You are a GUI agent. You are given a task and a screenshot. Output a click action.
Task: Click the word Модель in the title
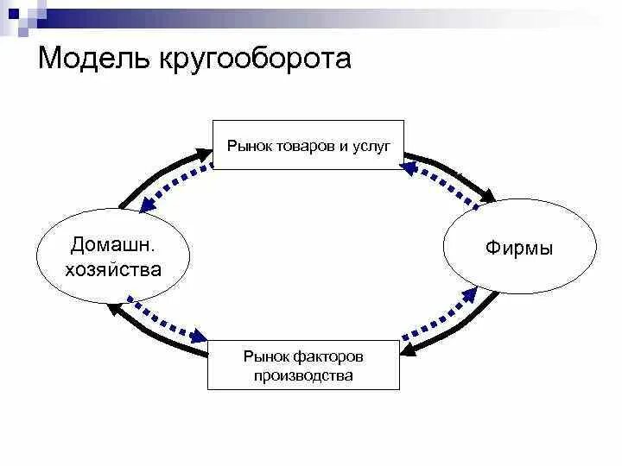[93, 59]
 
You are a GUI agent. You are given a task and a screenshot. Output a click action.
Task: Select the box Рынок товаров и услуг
[308, 144]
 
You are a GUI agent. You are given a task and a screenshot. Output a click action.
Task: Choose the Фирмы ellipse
[519, 249]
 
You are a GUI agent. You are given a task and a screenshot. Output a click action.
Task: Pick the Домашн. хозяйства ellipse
[113, 255]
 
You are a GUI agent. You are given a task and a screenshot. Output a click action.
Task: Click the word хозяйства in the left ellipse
[113, 269]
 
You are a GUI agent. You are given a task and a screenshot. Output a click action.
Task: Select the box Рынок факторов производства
[303, 365]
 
